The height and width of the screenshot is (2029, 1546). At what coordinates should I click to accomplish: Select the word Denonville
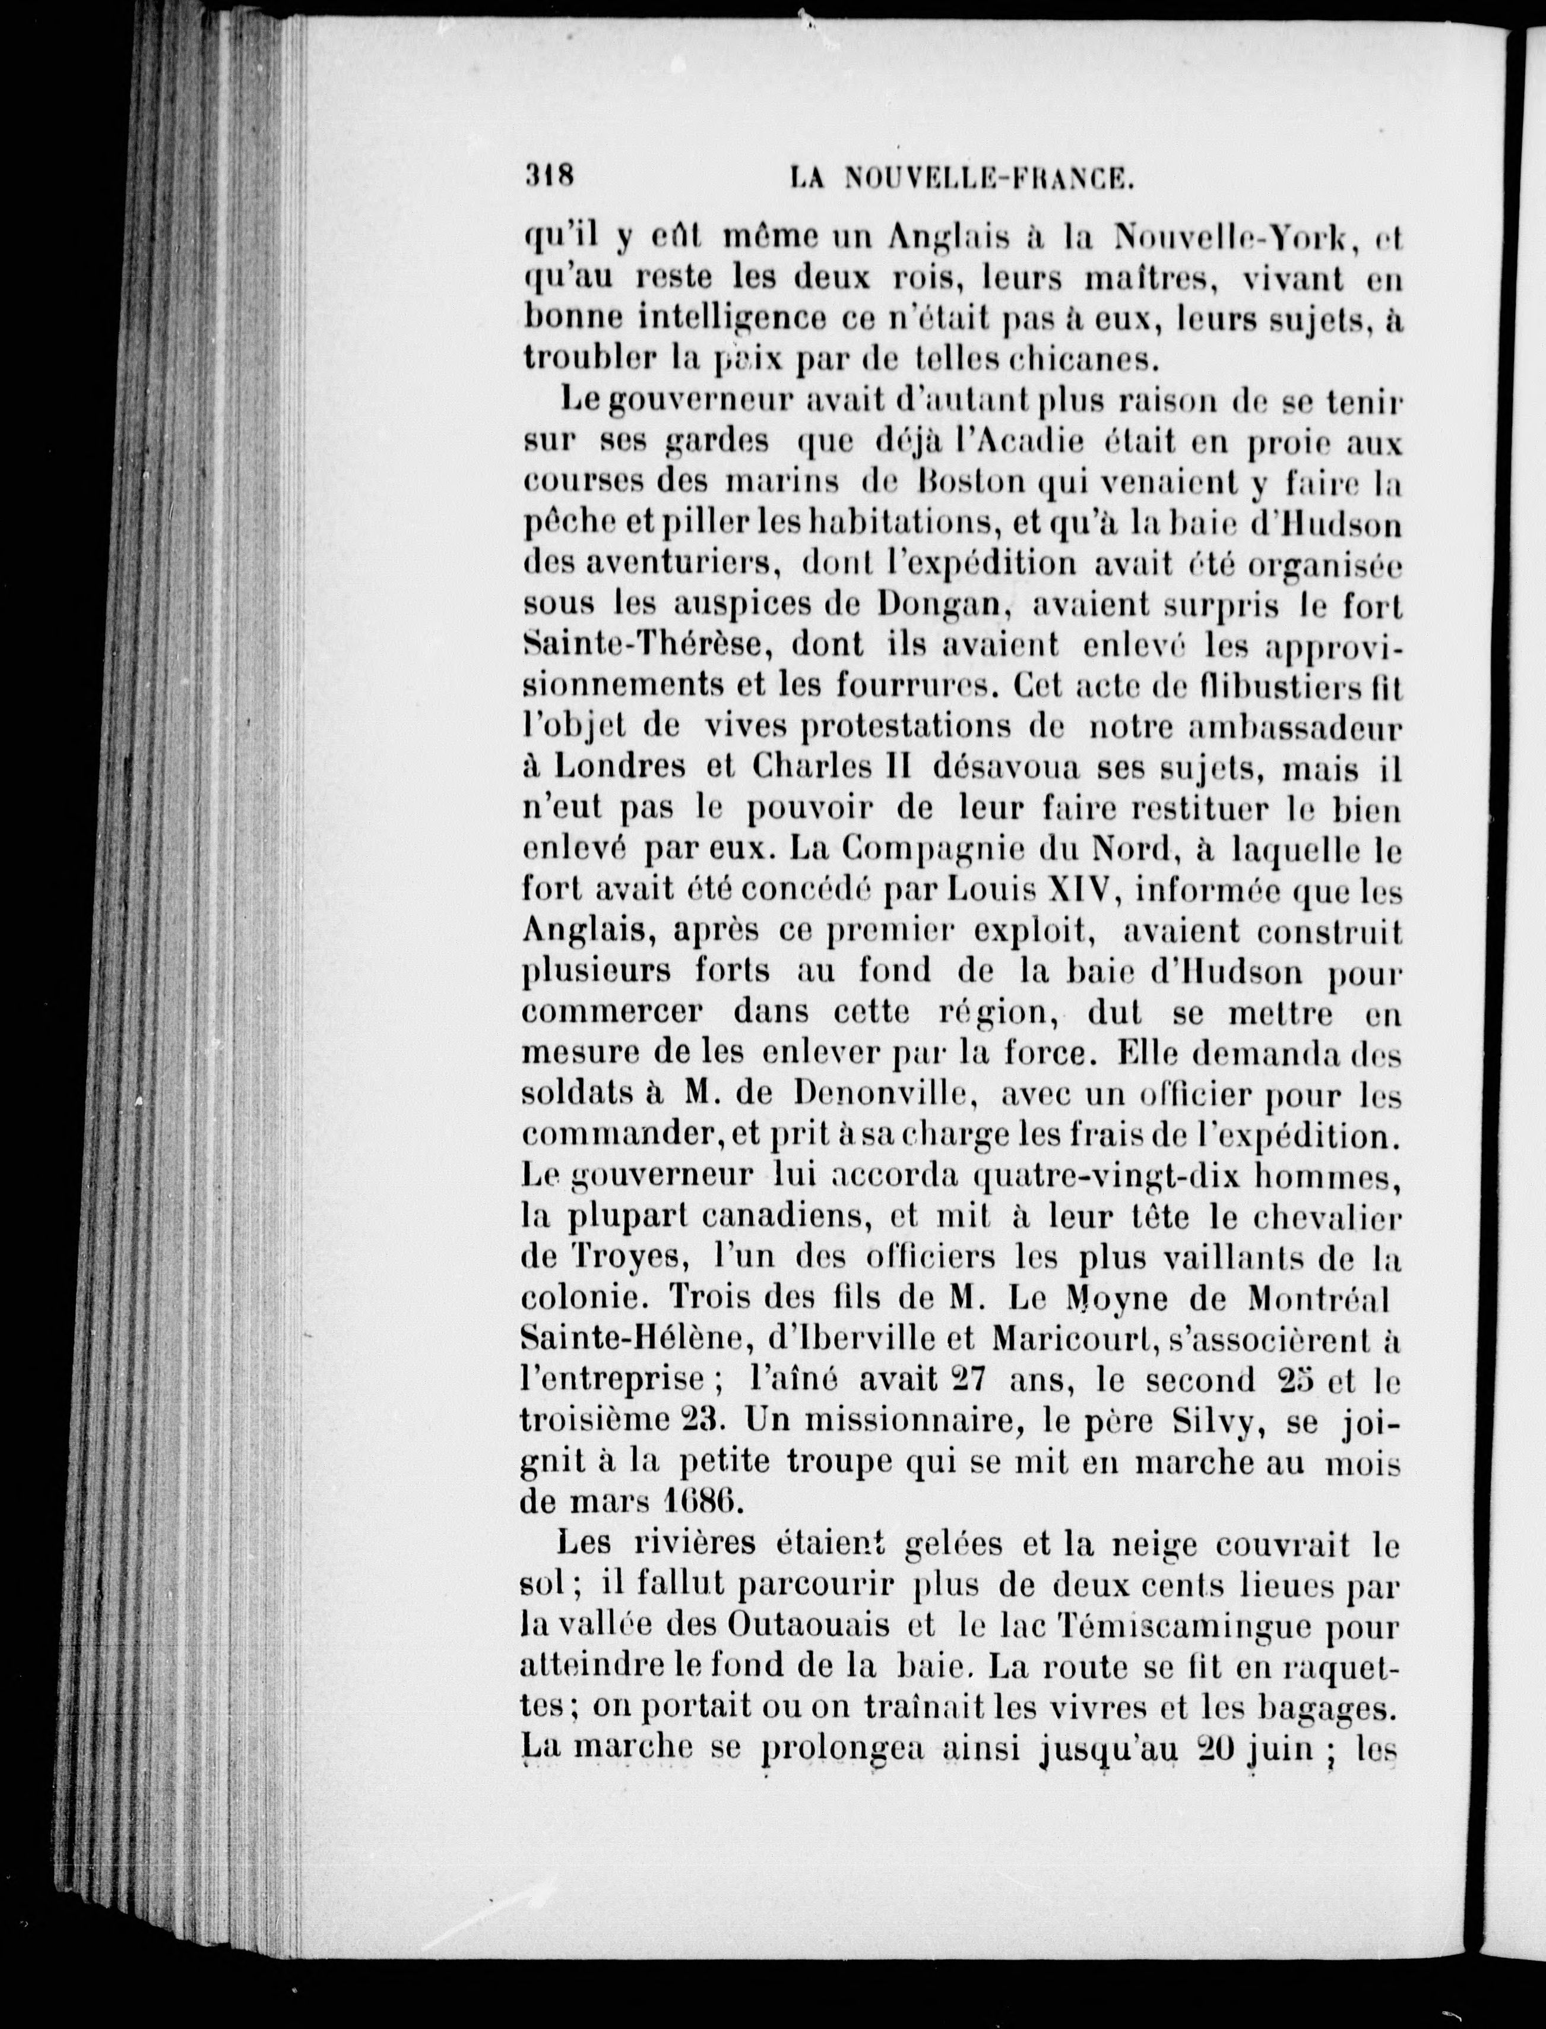(878, 1093)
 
